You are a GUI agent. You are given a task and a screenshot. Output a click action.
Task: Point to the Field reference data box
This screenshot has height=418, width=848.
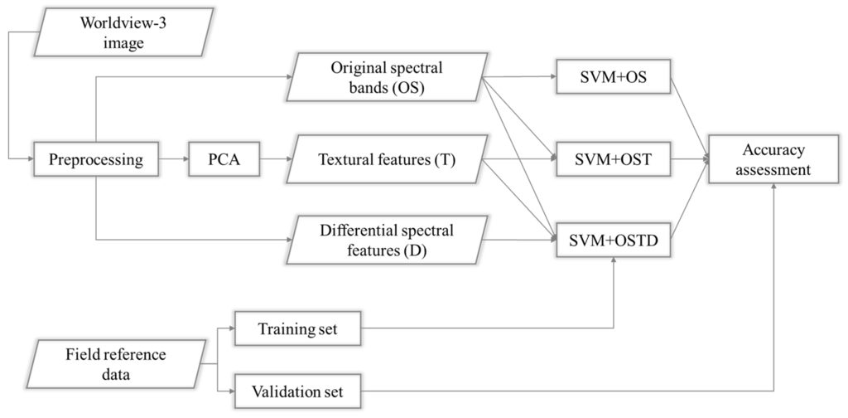[117, 363]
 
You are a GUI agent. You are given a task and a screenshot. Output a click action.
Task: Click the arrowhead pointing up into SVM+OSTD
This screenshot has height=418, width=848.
[613, 261]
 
